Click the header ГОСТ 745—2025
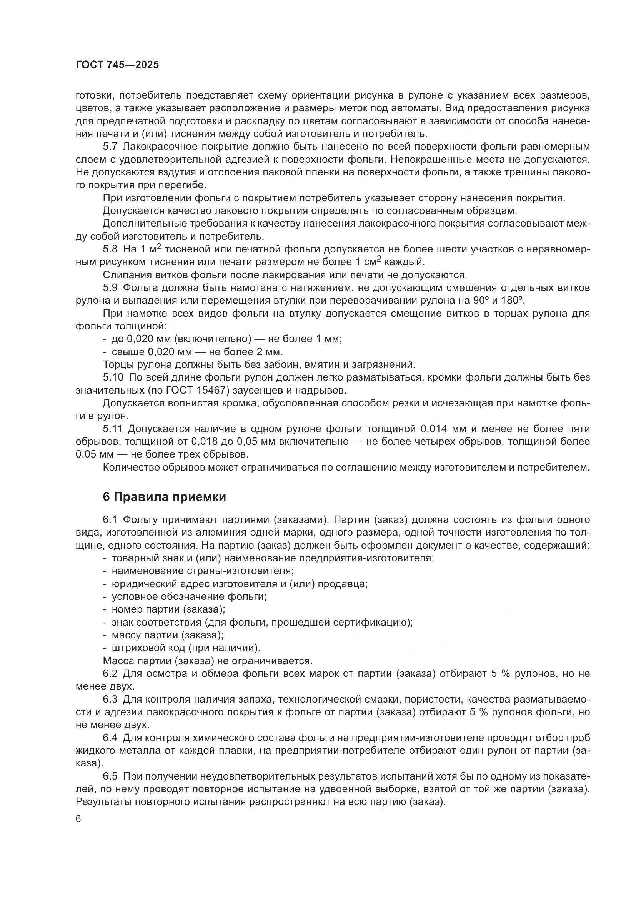(x=117, y=65)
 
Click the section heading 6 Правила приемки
(x=165, y=497)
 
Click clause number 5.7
(x=110, y=147)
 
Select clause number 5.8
(x=110, y=249)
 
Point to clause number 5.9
(x=110, y=288)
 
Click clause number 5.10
(x=113, y=377)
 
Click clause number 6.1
(x=110, y=520)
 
